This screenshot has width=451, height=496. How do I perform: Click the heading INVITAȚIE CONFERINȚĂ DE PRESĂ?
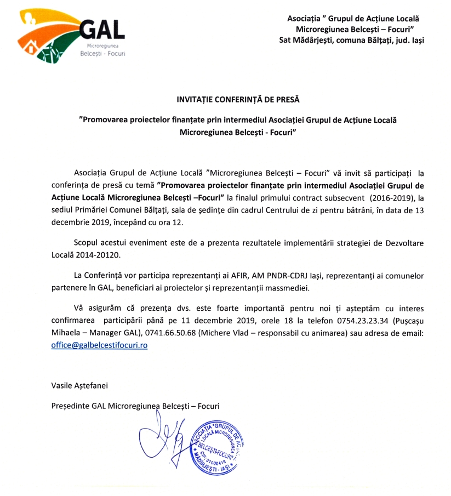pos(238,99)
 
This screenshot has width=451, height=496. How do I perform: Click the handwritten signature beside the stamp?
pos(164,438)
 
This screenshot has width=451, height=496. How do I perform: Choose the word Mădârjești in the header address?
pos(318,40)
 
